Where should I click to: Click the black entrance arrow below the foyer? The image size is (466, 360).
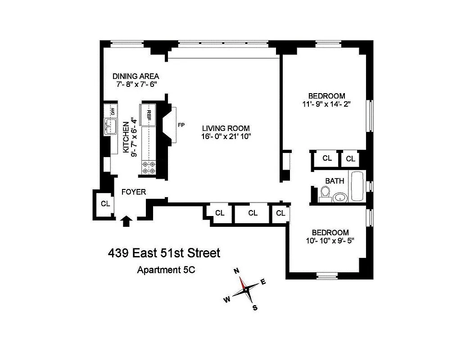tap(127, 220)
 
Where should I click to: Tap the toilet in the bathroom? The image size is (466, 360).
tap(324, 195)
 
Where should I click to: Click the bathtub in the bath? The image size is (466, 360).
tap(358, 186)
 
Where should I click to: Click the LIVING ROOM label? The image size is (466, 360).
tap(226, 128)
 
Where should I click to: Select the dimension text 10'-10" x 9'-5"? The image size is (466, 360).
tap(330, 241)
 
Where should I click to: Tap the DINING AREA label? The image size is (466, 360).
tap(136, 76)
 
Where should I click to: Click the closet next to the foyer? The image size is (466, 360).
tap(105, 204)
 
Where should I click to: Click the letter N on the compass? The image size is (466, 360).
tap(236, 271)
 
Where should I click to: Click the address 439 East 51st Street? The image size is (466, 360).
tap(164, 253)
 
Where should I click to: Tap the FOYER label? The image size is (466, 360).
tap(134, 192)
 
